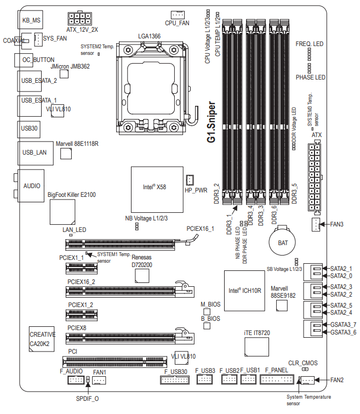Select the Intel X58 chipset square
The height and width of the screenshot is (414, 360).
[157, 189]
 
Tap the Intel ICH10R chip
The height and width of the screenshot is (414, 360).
[244, 291]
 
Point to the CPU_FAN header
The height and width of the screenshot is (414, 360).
[178, 15]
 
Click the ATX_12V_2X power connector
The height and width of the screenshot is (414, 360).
[79, 19]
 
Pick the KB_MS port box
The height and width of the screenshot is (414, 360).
[30, 20]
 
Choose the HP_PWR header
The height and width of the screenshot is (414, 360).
[190, 180]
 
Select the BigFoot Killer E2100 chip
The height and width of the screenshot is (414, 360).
[62, 212]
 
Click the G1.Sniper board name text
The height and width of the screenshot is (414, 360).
[212, 122]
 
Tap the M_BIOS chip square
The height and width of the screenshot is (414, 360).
[207, 311]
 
